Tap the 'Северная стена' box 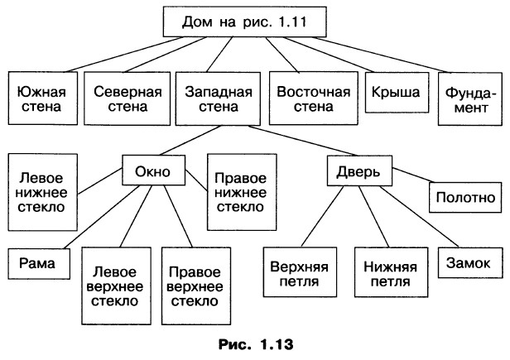pos(126,98)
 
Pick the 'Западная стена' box pos(214,98)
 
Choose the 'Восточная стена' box pos(308,98)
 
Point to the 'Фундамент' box pos(469,98)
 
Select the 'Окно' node pos(157,172)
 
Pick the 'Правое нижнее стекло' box pos(240,191)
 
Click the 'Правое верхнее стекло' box pos(193,286)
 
